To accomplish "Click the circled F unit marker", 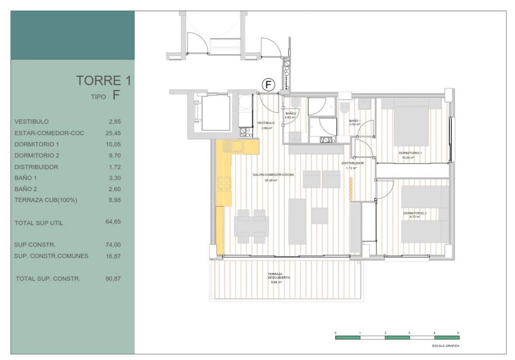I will pyautogui.click(x=268, y=84).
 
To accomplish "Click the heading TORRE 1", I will pyautogui.click(x=103, y=80).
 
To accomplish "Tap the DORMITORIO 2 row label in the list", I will pyautogui.click(x=36, y=156).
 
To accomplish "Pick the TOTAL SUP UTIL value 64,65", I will pyautogui.click(x=113, y=222).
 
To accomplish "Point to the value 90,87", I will pyautogui.click(x=113, y=278).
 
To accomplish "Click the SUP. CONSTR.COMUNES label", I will pyautogui.click(x=51, y=256).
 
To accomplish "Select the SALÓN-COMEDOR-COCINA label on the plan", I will pyautogui.click(x=273, y=175).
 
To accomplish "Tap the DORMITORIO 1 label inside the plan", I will pyautogui.click(x=410, y=153).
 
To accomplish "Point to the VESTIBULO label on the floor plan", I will pyautogui.click(x=266, y=123).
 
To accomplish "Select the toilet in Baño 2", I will pyautogui.click(x=295, y=103).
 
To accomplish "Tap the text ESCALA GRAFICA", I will pyautogui.click(x=445, y=346).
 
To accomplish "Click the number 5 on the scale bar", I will pyautogui.click(x=458, y=333).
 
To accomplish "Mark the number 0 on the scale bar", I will pyautogui.click(x=335, y=333).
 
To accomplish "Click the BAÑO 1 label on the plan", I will pyautogui.click(x=355, y=121).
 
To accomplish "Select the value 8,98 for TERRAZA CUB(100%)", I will pyautogui.click(x=114, y=200).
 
